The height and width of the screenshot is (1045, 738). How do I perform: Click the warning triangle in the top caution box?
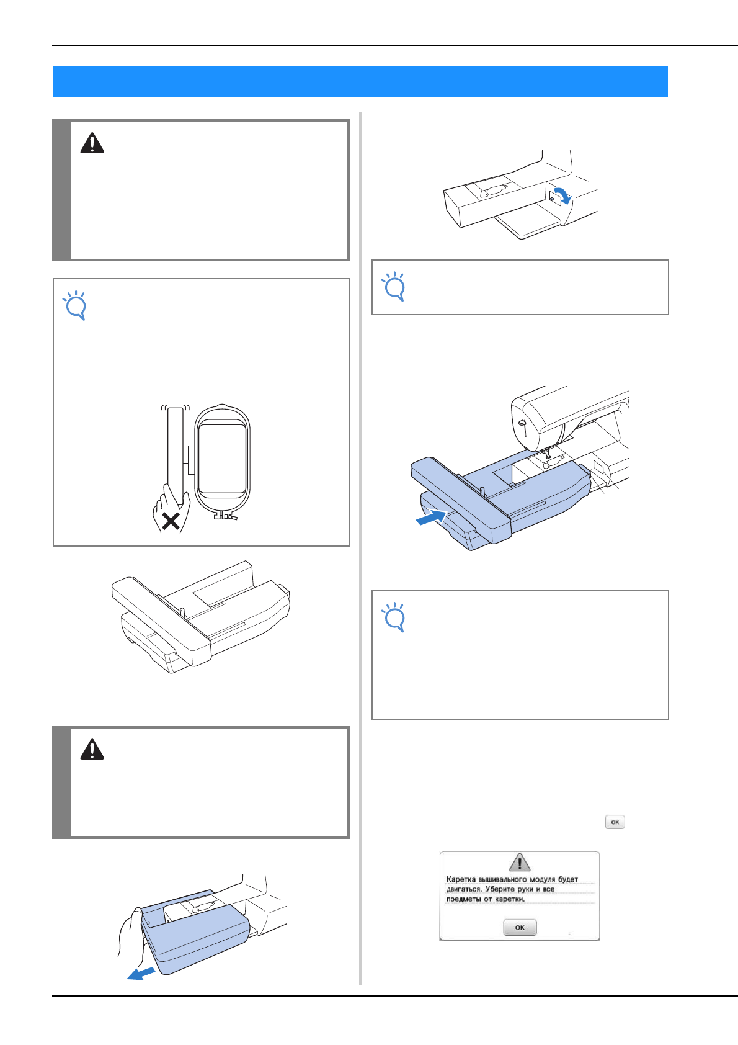(92, 143)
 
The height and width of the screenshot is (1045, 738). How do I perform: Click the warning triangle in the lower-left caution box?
(92, 749)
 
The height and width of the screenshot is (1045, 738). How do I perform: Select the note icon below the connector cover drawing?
(394, 287)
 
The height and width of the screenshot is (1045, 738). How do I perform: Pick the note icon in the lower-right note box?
(394, 617)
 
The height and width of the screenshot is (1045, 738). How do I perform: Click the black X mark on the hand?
(171, 521)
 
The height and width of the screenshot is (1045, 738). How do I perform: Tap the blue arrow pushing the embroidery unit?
(432, 518)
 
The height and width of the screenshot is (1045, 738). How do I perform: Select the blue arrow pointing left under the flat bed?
(141, 973)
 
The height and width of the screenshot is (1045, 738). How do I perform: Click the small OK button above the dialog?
(615, 822)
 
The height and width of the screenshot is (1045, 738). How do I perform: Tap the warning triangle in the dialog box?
(519, 862)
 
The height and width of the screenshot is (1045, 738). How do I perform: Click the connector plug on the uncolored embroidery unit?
(284, 590)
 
